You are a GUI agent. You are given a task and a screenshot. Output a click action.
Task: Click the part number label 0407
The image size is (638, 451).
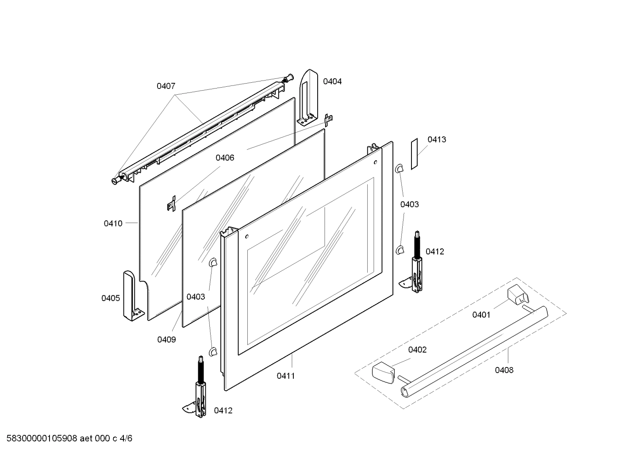point(166,86)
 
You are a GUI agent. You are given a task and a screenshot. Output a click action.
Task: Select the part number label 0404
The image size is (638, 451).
point(332,81)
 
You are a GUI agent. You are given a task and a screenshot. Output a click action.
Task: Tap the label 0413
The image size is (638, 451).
point(437,139)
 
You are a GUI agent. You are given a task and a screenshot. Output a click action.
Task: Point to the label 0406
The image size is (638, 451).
point(225,158)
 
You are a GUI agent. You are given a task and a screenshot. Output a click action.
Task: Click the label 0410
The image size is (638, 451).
point(113,224)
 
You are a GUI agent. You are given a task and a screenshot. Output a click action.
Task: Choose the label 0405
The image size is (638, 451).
point(111,298)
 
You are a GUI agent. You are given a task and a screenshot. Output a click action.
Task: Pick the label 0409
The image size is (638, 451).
point(167,339)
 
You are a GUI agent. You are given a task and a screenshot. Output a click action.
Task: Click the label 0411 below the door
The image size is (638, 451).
point(286,376)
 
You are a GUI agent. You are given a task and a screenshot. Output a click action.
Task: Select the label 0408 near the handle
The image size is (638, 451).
point(504,370)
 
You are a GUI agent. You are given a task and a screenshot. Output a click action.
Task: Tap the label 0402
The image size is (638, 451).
point(417,350)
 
